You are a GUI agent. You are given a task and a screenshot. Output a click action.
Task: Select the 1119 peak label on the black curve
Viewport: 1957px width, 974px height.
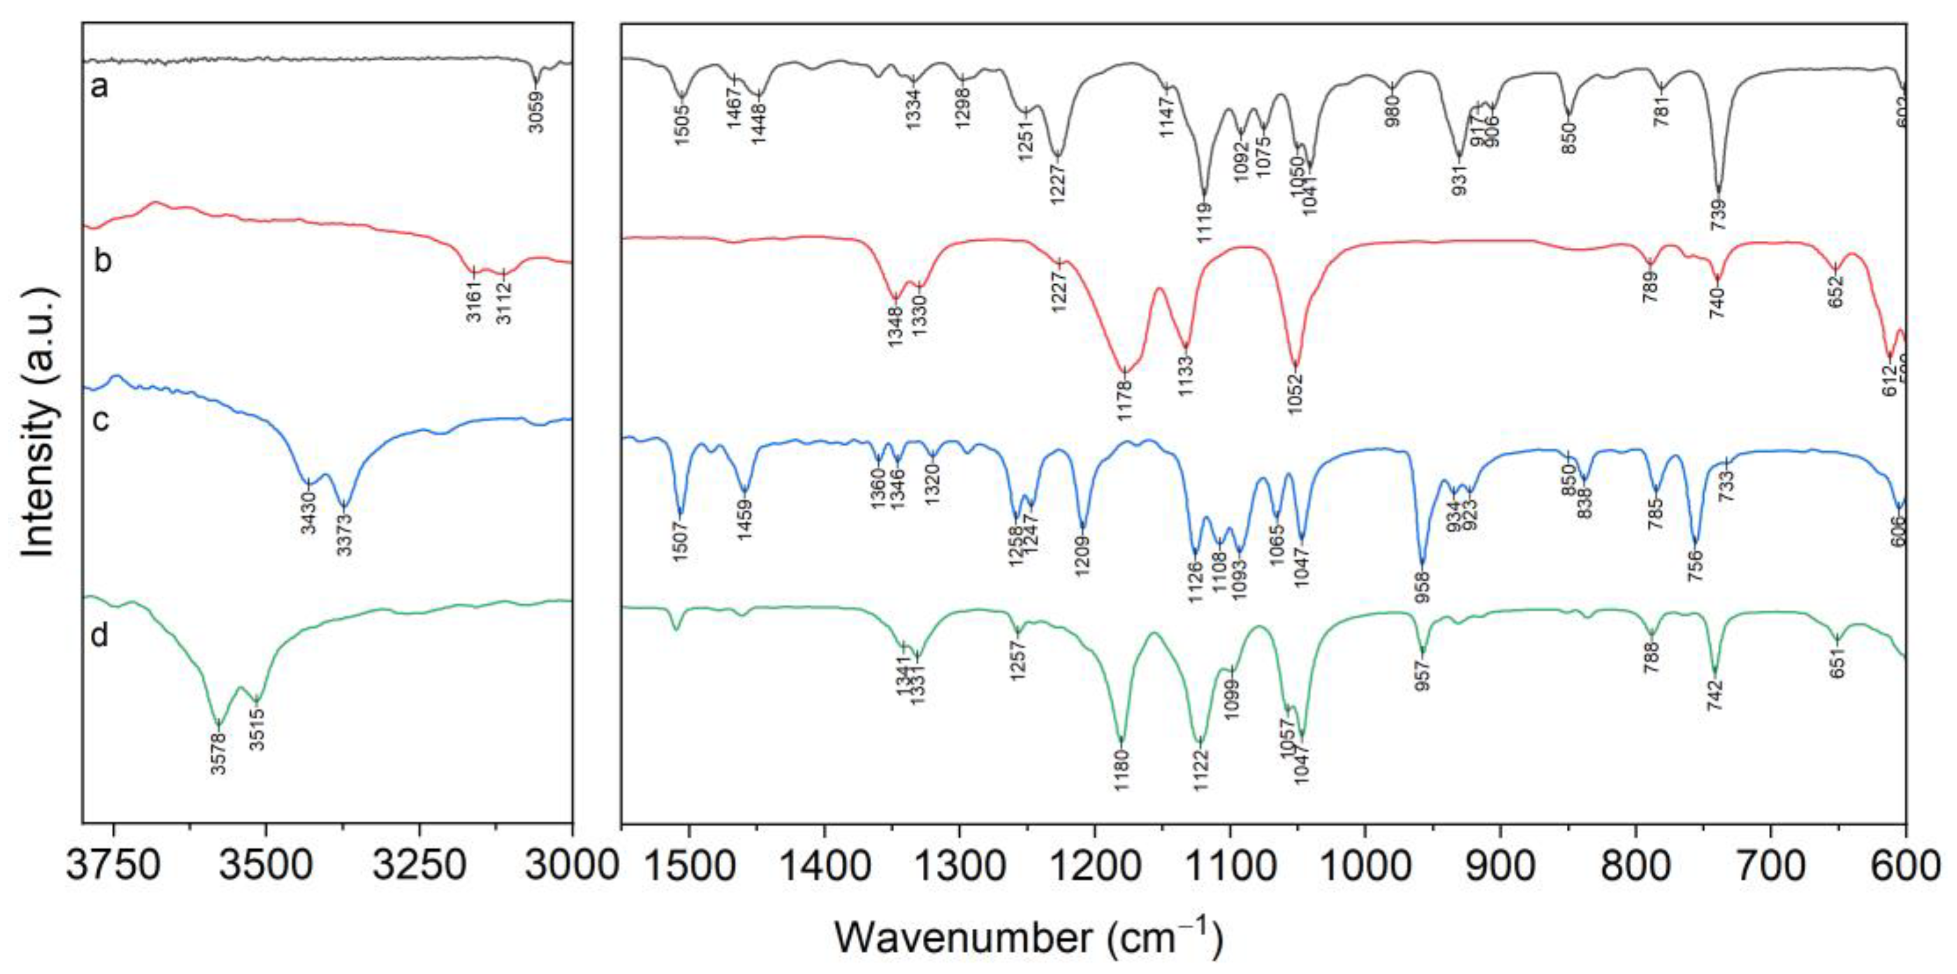click(1204, 220)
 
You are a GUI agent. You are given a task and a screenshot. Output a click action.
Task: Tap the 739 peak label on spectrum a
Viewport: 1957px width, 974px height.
click(1719, 215)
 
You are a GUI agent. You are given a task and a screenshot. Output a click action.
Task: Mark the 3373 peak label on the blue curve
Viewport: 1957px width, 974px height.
click(345, 535)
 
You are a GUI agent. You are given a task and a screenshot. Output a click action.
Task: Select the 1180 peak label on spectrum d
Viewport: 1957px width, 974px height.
click(1122, 792)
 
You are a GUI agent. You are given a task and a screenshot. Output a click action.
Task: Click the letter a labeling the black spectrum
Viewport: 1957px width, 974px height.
click(100, 87)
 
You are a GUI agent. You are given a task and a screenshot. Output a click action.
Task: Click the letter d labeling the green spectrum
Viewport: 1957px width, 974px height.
click(100, 635)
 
